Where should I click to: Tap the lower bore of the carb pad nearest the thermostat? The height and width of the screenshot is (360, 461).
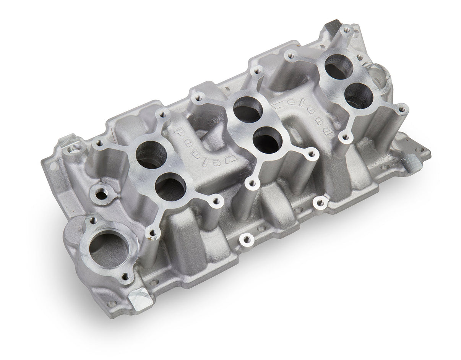click(x=170, y=187)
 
